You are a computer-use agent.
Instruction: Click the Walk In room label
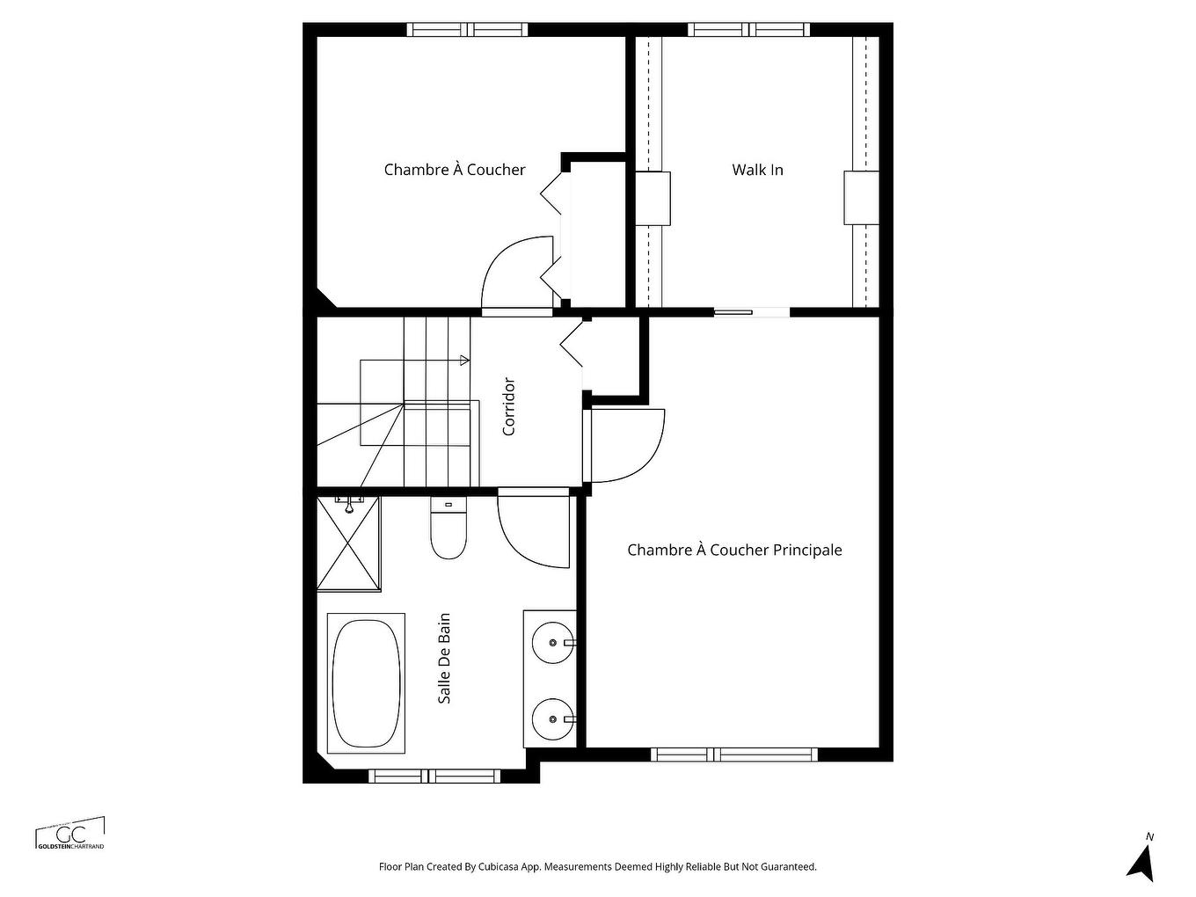pos(757,170)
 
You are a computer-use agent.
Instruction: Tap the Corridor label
pos(508,406)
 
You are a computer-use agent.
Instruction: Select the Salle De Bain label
pos(445,658)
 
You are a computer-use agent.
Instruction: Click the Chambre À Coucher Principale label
pos(734,551)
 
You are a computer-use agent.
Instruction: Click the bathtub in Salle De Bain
pos(366,683)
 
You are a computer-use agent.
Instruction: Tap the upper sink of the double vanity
pos(553,643)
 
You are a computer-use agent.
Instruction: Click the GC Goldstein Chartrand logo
pos(69,835)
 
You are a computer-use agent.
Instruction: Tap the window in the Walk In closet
pos(748,30)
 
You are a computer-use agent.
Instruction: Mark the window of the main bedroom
pos(733,755)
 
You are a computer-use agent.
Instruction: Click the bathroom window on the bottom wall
pos(434,777)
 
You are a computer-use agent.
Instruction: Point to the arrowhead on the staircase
pos(464,360)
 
